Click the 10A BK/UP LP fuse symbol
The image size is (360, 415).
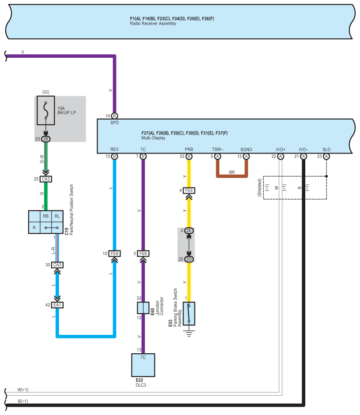click(46, 110)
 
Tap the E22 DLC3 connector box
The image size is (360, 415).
click(143, 365)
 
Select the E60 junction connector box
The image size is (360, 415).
click(143, 308)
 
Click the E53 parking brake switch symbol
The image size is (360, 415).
click(189, 314)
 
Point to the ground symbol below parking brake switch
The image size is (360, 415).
click(189, 333)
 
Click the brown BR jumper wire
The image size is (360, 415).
click(232, 176)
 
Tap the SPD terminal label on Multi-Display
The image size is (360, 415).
click(115, 123)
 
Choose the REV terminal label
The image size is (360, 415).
click(115, 149)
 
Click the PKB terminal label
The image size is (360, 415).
click(189, 149)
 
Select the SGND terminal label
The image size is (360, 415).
click(246, 150)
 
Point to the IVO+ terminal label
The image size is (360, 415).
click(281, 150)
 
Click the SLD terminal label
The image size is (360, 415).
click(326, 150)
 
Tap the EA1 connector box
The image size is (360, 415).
click(57, 305)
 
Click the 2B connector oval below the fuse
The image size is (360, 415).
click(46, 139)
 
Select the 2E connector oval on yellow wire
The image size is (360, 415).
click(189, 231)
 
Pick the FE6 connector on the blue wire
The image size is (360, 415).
click(115, 254)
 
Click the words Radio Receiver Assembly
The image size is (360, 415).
click(153, 23)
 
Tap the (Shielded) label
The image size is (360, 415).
click(259, 187)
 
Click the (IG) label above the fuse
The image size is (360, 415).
click(46, 92)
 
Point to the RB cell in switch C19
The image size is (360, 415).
click(46, 216)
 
